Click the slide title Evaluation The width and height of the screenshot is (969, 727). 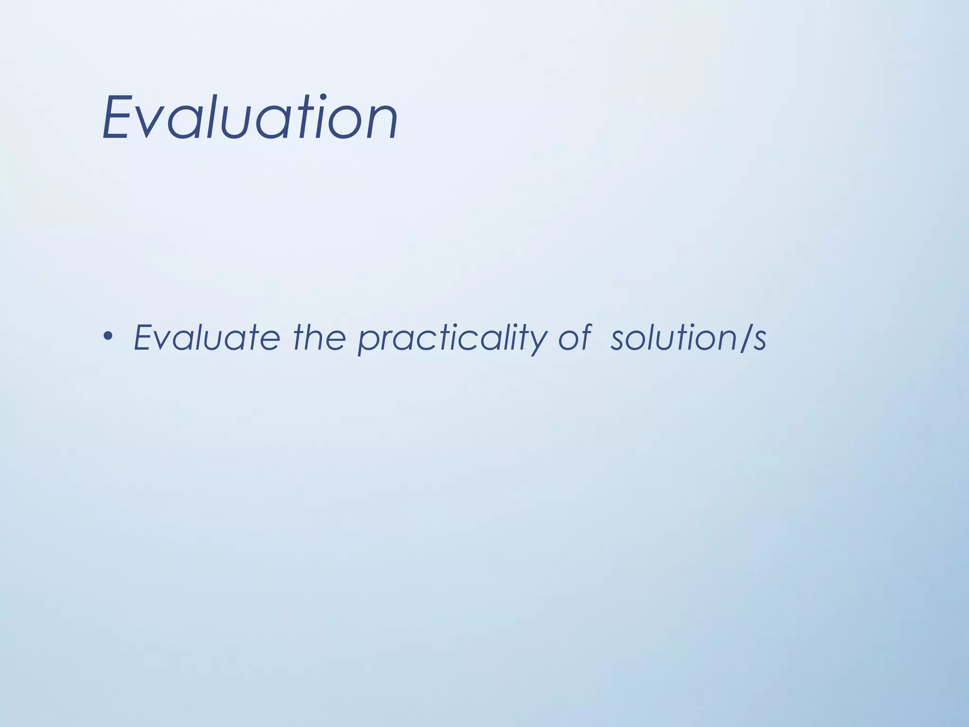tap(250, 118)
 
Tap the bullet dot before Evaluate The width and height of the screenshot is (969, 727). tap(108, 337)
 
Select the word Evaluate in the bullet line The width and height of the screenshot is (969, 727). tap(207, 337)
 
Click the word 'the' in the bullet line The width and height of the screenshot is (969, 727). tap(319, 337)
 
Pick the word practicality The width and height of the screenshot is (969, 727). tap(451, 339)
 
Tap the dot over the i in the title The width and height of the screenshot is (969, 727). tap(324, 98)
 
